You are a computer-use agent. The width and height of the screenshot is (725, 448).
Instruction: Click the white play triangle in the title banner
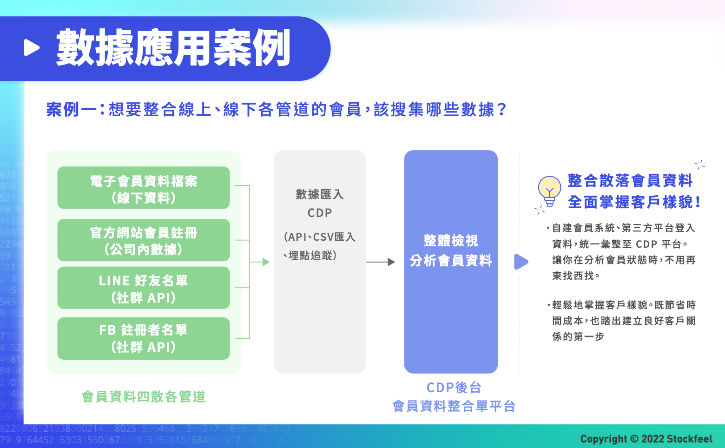click(32, 47)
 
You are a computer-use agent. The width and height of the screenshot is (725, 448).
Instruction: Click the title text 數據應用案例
click(173, 48)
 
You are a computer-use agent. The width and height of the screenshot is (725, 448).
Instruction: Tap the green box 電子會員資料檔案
click(144, 188)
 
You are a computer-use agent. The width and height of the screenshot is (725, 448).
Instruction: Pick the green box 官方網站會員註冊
click(144, 240)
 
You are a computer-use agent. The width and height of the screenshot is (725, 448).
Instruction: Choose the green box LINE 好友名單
click(144, 288)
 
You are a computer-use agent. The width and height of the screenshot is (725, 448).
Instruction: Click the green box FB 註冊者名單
click(144, 338)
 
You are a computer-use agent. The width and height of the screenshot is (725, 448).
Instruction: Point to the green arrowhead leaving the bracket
click(266, 262)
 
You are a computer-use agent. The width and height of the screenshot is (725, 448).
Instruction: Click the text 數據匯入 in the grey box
click(320, 194)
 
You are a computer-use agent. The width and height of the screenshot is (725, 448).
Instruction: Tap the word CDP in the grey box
click(320, 213)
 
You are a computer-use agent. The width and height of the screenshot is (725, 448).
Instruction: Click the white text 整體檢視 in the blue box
click(451, 241)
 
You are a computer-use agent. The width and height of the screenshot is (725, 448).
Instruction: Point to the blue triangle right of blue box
click(521, 262)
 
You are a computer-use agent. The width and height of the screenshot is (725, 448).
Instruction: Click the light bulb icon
click(549, 191)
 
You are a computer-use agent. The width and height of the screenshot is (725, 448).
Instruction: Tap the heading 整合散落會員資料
click(630, 180)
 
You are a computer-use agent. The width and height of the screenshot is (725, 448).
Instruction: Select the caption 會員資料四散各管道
click(144, 396)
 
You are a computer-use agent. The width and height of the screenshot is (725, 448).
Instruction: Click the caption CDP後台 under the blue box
click(454, 387)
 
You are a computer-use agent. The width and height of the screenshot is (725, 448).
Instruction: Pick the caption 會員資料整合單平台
click(454, 406)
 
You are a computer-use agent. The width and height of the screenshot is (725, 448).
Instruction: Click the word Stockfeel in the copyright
click(689, 439)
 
